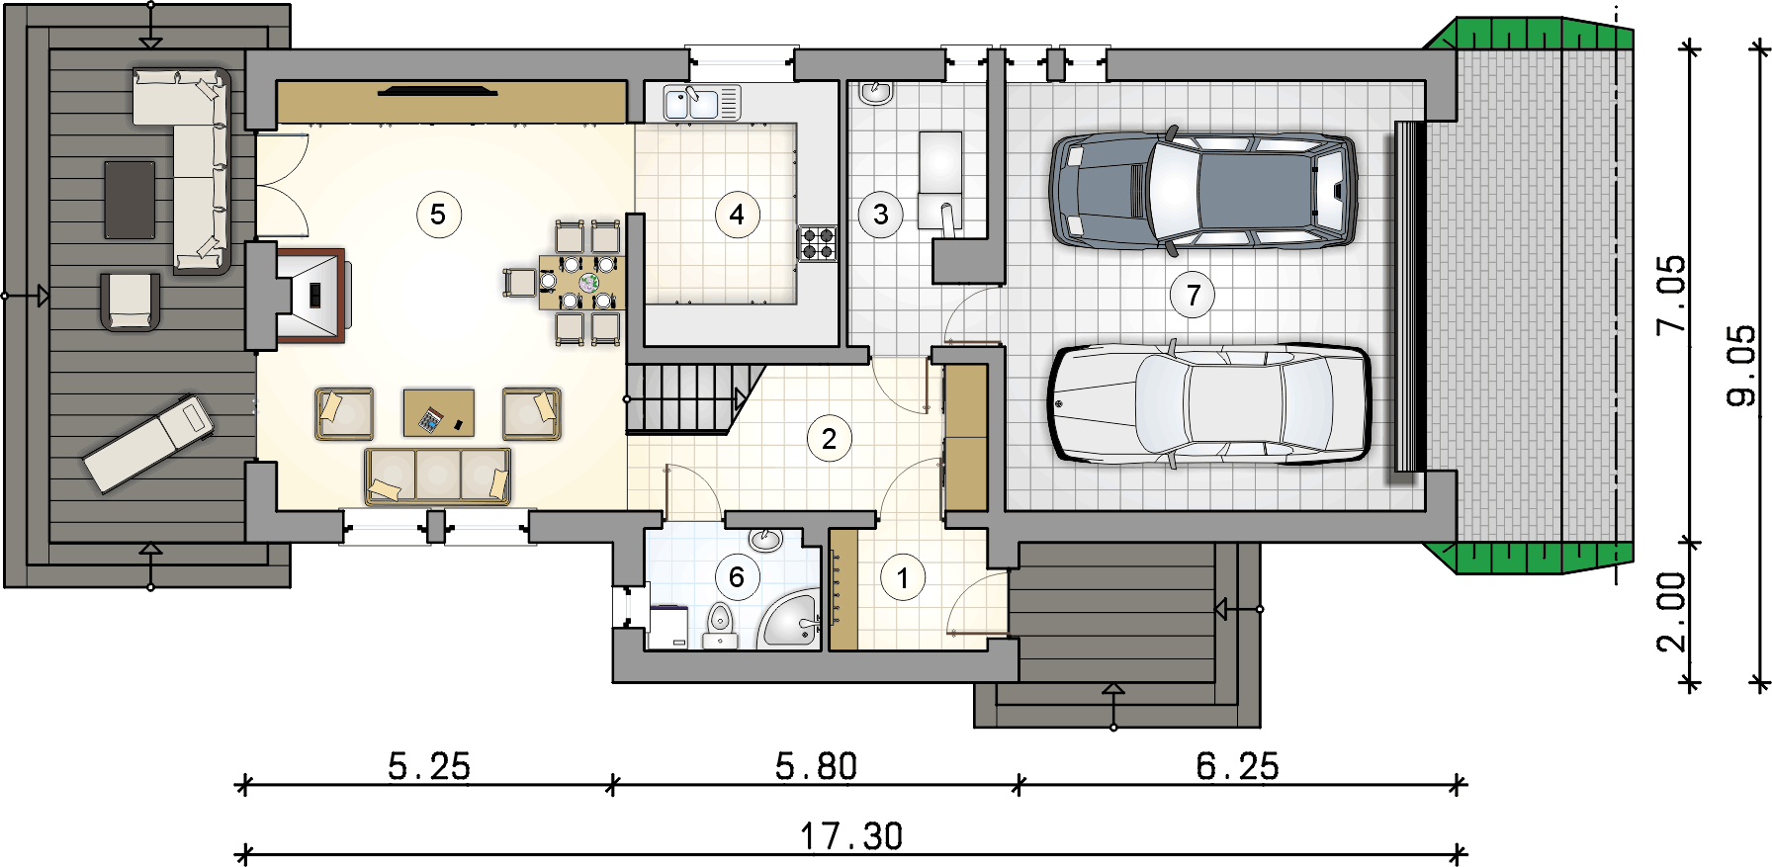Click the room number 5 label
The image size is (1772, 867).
(439, 215)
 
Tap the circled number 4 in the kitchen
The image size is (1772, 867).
(737, 215)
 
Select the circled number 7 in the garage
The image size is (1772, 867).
(1194, 295)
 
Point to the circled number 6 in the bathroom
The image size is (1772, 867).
(737, 577)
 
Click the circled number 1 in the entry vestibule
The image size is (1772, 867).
(902, 578)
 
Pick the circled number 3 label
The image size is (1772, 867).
(881, 215)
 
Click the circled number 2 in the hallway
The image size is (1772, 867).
(829, 439)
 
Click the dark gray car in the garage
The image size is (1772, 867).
(1202, 190)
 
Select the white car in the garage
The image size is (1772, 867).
(1208, 403)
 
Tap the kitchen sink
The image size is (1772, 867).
(690, 102)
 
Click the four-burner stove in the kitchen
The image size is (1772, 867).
(818, 243)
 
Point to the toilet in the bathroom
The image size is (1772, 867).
(720, 627)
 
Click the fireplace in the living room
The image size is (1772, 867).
(310, 296)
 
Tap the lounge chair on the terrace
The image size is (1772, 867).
(148, 443)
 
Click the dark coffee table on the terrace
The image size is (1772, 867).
(130, 200)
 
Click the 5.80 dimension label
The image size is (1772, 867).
(816, 767)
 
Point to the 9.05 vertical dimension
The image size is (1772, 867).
(1742, 365)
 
